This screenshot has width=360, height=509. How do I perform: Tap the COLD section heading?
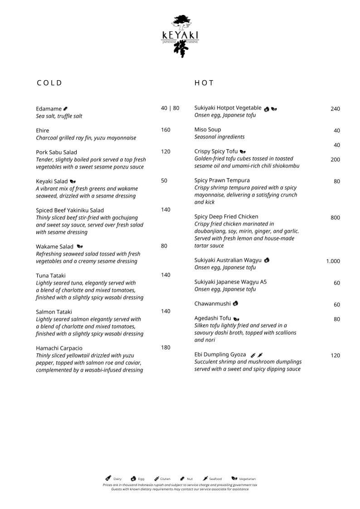coord(49,83)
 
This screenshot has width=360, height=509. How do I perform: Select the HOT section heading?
coord(204,83)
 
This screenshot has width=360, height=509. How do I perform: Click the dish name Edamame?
coord(49,109)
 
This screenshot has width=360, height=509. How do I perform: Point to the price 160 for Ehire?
coord(165,130)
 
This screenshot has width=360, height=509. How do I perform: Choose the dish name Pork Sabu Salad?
coord(56,152)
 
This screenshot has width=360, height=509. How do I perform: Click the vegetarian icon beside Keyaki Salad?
coord(73,182)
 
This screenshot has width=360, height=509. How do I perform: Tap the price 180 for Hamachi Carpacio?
coord(165,348)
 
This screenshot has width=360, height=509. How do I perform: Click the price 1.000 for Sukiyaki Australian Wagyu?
coord(333,261)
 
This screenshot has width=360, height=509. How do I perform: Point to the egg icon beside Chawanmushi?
coord(235,303)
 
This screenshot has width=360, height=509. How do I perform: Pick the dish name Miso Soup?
coord(208,130)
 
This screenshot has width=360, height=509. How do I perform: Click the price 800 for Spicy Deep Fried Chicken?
coord(335,218)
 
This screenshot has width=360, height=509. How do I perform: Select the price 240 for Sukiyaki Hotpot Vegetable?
coord(335,109)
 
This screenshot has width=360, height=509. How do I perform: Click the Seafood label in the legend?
coord(215,479)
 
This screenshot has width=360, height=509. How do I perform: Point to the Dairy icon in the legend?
coord(108,478)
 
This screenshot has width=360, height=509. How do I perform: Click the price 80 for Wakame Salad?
coord(164,246)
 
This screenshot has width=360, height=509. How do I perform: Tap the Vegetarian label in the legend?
coord(247,479)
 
